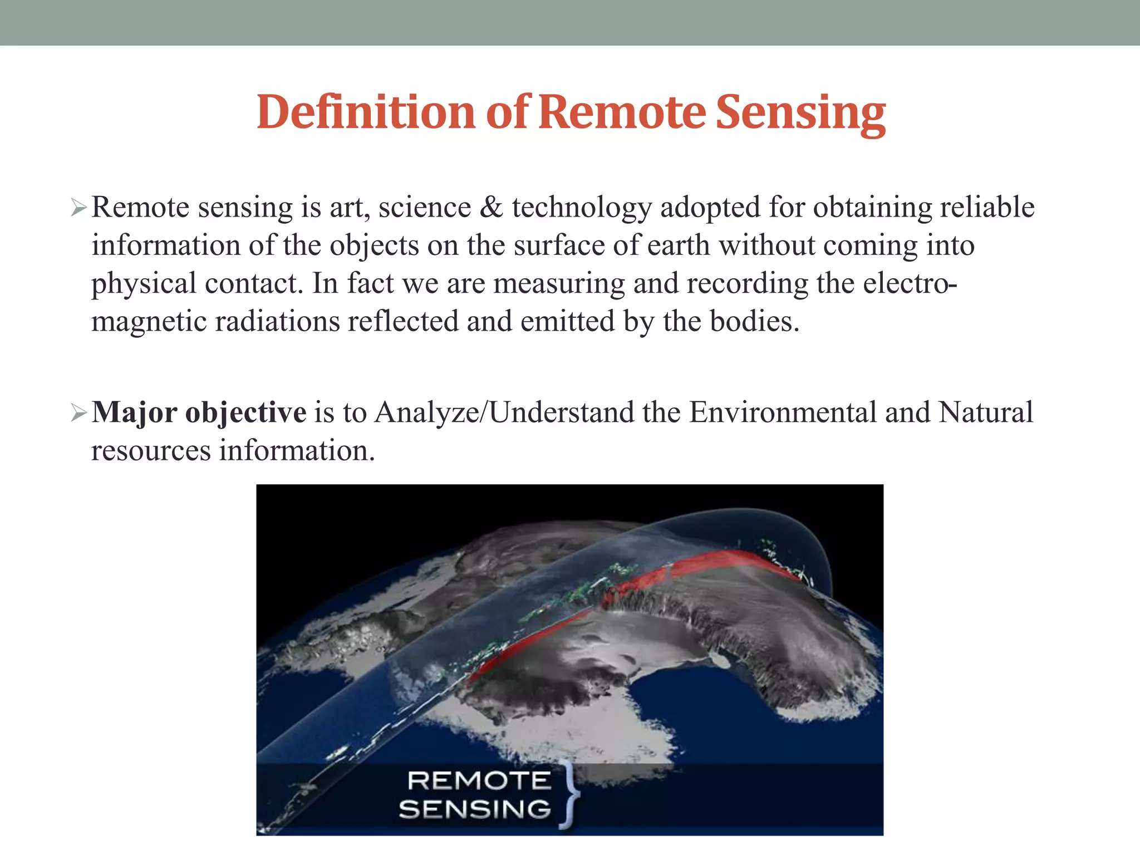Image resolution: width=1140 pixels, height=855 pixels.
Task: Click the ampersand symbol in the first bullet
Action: coord(491,207)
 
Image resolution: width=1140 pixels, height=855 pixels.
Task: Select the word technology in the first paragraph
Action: coord(582,208)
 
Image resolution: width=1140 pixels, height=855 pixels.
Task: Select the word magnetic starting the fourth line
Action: coord(149,322)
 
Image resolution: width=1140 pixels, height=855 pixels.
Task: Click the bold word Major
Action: coord(134,412)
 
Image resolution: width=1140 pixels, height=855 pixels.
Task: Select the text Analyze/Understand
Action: coord(504,412)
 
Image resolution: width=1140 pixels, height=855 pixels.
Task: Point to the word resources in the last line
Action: coord(151,450)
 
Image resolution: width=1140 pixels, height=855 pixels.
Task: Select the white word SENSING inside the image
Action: coord(475,809)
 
